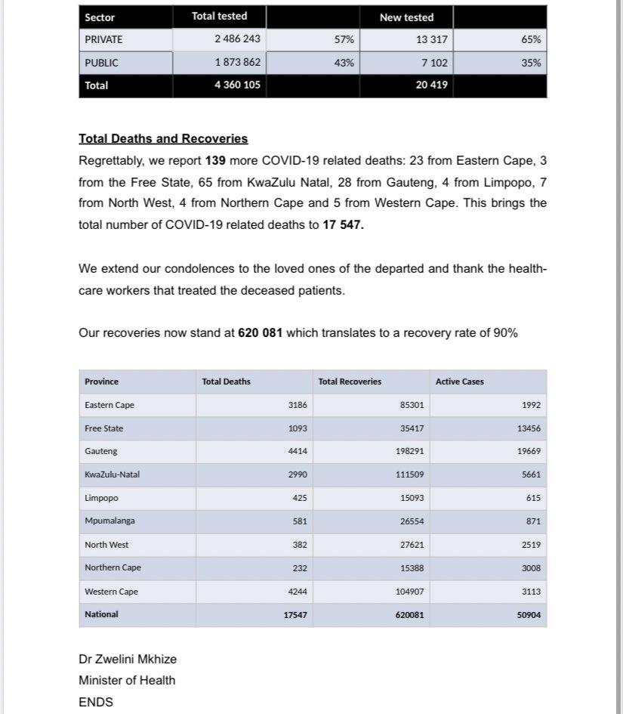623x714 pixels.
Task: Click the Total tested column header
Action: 219,16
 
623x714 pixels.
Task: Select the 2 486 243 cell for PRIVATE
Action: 237,40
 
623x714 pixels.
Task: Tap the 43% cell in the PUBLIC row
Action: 344,63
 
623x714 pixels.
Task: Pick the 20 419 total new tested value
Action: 431,85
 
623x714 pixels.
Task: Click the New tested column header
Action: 406,17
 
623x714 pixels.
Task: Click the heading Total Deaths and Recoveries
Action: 163,139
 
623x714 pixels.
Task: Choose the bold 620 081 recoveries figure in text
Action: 260,332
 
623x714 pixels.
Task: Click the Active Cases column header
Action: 460,382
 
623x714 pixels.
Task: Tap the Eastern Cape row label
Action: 109,405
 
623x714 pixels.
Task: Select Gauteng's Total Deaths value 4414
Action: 298,451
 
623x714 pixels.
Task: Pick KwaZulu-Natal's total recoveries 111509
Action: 409,474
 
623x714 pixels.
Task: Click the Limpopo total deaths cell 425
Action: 300,498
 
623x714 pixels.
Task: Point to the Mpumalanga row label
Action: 110,521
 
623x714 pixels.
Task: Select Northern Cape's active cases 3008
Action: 530,568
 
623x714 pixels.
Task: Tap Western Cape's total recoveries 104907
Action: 409,592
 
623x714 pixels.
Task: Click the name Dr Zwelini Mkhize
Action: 128,659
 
